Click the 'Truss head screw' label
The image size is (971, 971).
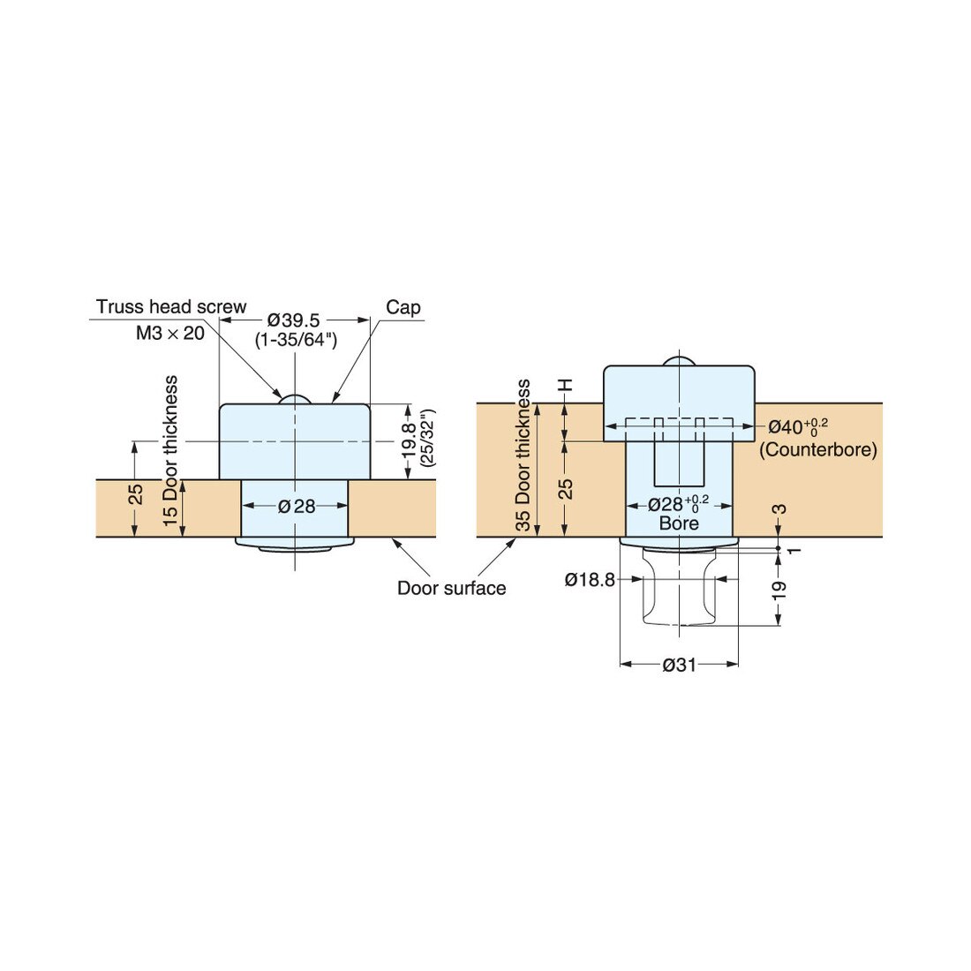pyautogui.click(x=171, y=307)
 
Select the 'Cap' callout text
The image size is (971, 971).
pyautogui.click(x=403, y=307)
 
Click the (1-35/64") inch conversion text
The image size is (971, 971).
pyautogui.click(x=295, y=339)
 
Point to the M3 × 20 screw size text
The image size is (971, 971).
pyautogui.click(x=169, y=333)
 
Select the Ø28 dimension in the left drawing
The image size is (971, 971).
pyautogui.click(x=296, y=507)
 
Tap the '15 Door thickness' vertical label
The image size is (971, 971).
pyautogui.click(x=170, y=452)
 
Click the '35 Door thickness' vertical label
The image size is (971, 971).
pyautogui.click(x=523, y=457)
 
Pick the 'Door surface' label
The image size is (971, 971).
pyautogui.click(x=451, y=588)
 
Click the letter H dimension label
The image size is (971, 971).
pyautogui.click(x=566, y=385)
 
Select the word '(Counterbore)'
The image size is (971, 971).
pyautogui.click(x=817, y=449)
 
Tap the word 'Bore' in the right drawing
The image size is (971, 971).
pyautogui.click(x=679, y=523)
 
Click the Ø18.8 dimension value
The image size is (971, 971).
pyautogui.click(x=590, y=580)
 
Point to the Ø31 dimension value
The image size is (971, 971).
pyautogui.click(x=679, y=665)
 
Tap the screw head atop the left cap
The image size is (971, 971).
pyautogui.click(x=294, y=398)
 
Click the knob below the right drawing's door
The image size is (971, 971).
pyautogui.click(x=679, y=587)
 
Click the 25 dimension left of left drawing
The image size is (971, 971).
pyautogui.click(x=135, y=494)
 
